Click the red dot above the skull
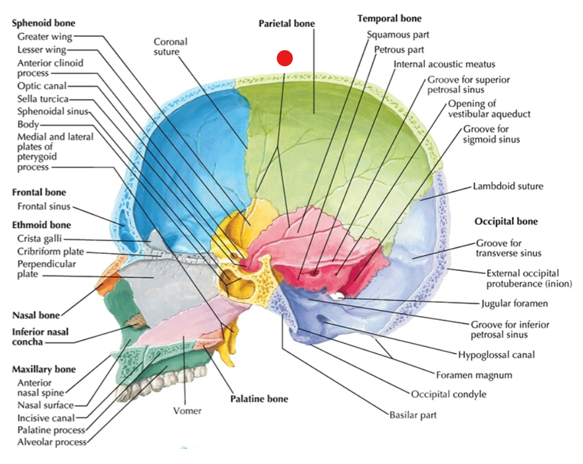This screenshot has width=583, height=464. tap(285, 58)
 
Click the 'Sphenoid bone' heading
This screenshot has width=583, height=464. tap(44, 23)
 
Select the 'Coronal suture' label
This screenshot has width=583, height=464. tap(171, 47)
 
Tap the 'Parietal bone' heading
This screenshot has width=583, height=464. tap(287, 24)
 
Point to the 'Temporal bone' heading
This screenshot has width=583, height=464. tap(389, 19)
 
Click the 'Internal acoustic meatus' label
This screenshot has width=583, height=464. tap(444, 64)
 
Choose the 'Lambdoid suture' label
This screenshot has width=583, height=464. tap(508, 186)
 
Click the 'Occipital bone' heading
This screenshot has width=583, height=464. tap(506, 221)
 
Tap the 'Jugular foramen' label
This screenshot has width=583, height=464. tap(514, 303)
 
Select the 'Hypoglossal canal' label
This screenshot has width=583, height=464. tap(496, 355)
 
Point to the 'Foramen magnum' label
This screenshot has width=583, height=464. tap(474, 375)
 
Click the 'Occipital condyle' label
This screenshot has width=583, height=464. tap(449, 395)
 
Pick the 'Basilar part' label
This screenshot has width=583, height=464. tap(413, 415)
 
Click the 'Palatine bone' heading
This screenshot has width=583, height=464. tap(259, 399)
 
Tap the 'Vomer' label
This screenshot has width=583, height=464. tap(187, 411)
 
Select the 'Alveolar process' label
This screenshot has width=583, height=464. tap(52, 442)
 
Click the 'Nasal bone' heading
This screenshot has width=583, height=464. tap(36, 316)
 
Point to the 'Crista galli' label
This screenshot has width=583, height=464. tap(40, 239)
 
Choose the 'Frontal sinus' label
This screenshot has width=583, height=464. tap(44, 207)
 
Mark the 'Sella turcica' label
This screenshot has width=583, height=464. tap(43, 99)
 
